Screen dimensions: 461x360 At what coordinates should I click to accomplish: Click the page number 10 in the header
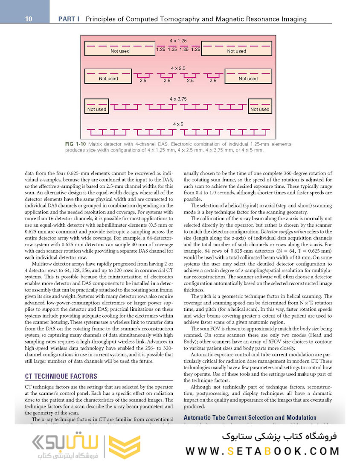(29, 19)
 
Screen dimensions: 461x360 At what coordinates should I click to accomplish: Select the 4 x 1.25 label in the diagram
(178, 41)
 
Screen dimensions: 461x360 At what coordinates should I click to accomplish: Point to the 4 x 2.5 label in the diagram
(178, 68)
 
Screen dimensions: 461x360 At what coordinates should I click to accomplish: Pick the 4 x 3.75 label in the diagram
(178, 99)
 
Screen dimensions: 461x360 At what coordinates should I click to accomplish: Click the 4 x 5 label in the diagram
(178, 124)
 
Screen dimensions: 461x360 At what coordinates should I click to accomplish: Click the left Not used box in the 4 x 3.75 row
(97, 107)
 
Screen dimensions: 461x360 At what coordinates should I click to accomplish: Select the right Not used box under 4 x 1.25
(236, 48)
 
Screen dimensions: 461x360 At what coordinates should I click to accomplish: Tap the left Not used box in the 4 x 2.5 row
(108, 76)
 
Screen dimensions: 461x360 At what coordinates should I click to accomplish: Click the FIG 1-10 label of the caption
(76, 144)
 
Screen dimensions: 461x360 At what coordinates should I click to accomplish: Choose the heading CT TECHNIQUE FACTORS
(61, 376)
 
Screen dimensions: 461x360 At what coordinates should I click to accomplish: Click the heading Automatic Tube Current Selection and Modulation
(250, 417)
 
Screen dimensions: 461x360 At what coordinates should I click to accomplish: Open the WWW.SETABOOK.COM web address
(263, 451)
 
